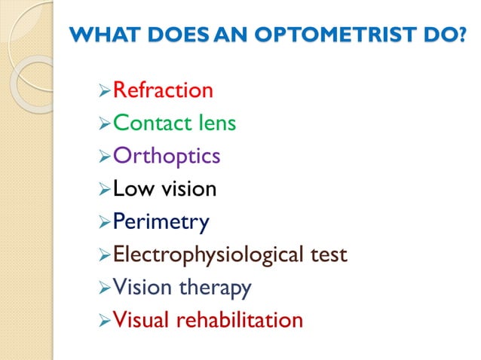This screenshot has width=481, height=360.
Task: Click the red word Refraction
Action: pyautogui.click(x=163, y=90)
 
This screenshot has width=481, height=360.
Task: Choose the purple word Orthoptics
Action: pyautogui.click(x=167, y=156)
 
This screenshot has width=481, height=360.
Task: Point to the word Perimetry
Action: pyautogui.click(x=161, y=222)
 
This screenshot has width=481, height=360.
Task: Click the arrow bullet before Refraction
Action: pyautogui.click(x=105, y=92)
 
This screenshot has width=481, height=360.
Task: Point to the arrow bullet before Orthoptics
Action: pyautogui.click(x=105, y=157)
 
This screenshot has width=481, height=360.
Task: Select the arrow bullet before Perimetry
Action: pyautogui.click(x=105, y=223)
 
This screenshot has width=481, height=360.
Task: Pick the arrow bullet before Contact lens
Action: pyautogui.click(x=105, y=124)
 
